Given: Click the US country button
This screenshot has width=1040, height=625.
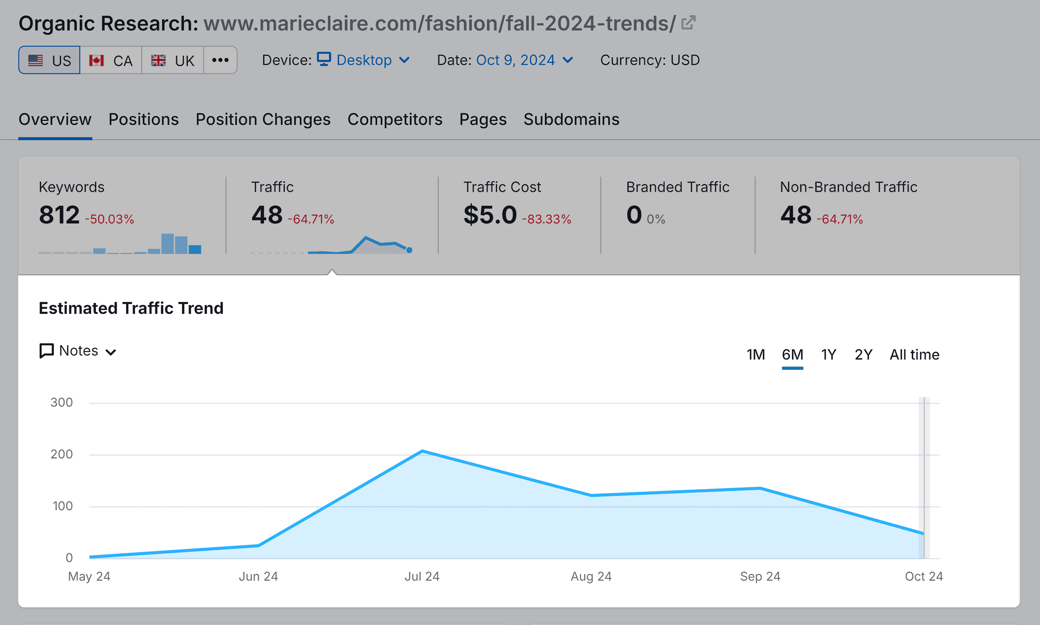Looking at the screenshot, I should pyautogui.click(x=49, y=60).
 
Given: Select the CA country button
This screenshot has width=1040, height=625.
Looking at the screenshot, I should pyautogui.click(x=111, y=60).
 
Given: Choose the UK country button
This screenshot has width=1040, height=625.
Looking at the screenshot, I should pyautogui.click(x=173, y=60).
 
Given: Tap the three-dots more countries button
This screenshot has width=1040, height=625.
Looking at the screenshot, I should pyautogui.click(x=220, y=60).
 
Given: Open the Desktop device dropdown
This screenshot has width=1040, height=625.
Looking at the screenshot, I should pyautogui.click(x=363, y=60).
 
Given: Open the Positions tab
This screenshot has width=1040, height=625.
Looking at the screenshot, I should pyautogui.click(x=144, y=119).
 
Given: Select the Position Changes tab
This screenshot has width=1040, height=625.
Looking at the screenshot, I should pyautogui.click(x=263, y=119).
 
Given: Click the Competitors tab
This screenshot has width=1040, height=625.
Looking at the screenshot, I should pyautogui.click(x=395, y=119).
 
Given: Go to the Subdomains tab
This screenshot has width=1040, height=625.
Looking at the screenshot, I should pyautogui.click(x=571, y=119).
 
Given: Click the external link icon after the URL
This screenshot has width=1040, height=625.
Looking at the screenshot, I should pyautogui.click(x=688, y=23).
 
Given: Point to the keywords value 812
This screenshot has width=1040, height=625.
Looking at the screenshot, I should pyautogui.click(x=59, y=215).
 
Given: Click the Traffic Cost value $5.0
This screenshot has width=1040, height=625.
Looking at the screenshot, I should pyautogui.click(x=490, y=215).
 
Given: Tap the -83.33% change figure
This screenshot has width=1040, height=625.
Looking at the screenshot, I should pyautogui.click(x=547, y=219).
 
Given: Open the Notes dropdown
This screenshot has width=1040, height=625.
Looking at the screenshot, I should pyautogui.click(x=78, y=351).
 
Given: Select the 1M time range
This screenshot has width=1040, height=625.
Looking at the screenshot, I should pyautogui.click(x=756, y=355).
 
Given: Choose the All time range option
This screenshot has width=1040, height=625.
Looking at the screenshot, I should pyautogui.click(x=914, y=355).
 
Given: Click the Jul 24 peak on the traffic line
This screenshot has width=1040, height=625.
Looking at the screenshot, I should pyautogui.click(x=422, y=451).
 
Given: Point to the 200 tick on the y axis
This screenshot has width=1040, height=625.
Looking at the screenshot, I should pyautogui.click(x=62, y=454).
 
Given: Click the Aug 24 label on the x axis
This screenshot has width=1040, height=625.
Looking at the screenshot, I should pyautogui.click(x=591, y=576).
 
